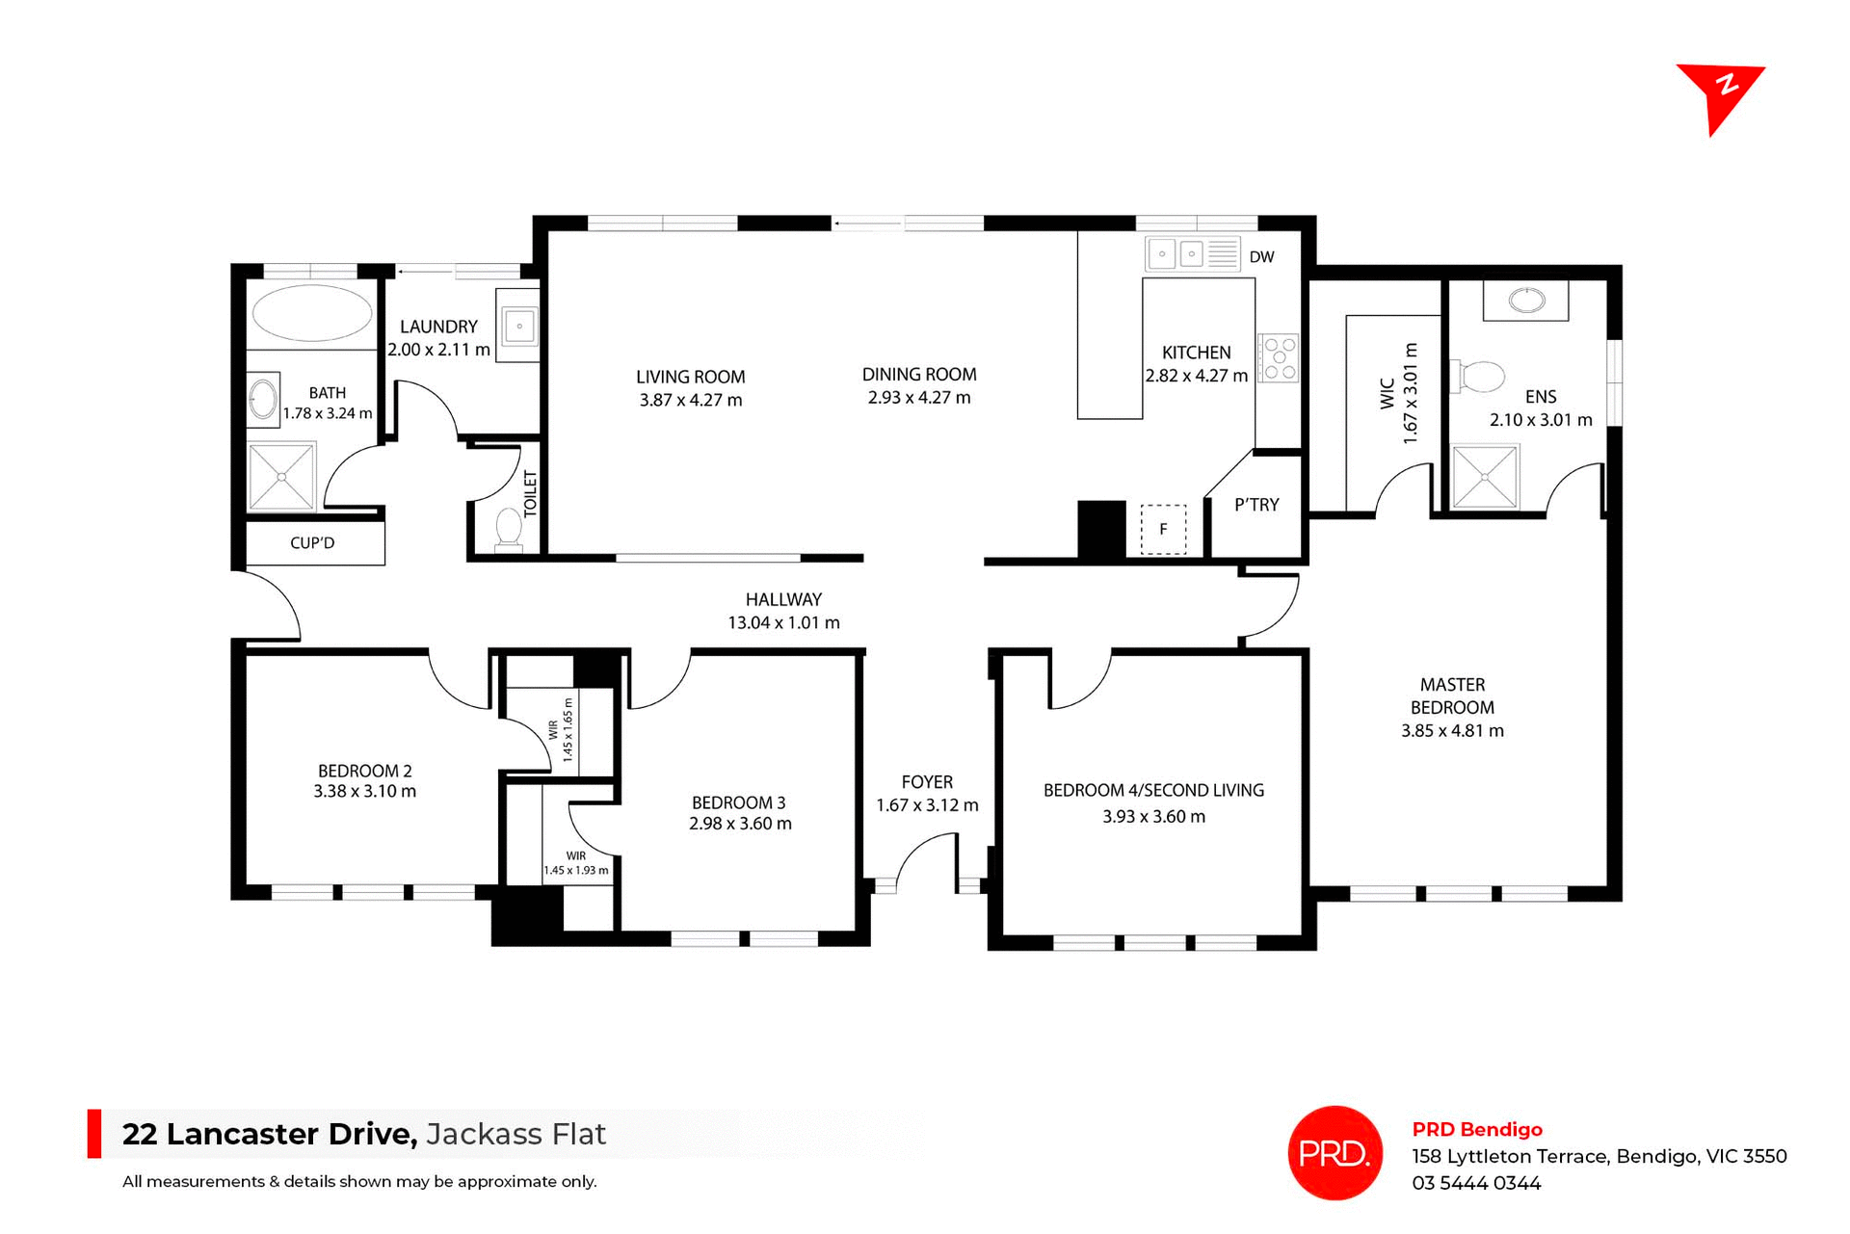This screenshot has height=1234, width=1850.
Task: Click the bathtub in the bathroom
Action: point(311,313)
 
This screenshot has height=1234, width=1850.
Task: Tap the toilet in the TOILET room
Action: point(508,529)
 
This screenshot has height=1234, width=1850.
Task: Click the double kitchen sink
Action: point(1177,254)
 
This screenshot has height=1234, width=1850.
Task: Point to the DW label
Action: point(1261,257)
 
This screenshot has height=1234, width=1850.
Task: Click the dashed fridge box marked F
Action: point(1163,529)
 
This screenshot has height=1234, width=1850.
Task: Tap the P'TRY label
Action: point(1256,505)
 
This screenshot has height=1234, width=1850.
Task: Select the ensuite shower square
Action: point(1485,476)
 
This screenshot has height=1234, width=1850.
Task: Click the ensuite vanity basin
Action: point(1525,301)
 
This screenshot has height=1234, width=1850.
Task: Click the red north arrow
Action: point(1721,94)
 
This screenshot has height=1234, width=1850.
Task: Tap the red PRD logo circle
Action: point(1335,1152)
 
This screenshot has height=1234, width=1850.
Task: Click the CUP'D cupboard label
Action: point(312,543)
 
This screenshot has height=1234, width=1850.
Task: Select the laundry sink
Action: point(518,326)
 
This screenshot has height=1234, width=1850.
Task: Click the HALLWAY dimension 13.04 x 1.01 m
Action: point(783,623)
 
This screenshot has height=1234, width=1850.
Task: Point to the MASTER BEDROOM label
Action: point(1452,696)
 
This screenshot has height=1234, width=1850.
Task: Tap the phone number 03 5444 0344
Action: point(1476,1183)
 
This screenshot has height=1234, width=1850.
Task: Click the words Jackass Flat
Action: point(515,1134)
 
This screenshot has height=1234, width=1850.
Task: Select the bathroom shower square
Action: point(281,477)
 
